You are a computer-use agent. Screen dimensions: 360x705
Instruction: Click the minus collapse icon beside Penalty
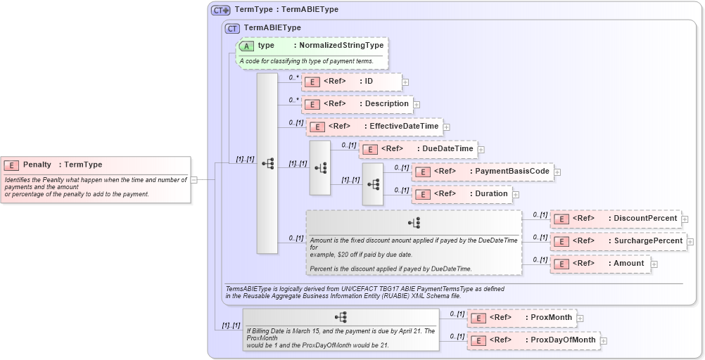pos(194,179)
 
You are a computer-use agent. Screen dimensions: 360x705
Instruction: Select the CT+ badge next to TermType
pos(221,10)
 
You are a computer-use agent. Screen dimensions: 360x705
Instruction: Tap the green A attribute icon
pos(247,46)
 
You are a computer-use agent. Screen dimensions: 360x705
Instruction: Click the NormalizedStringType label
pos(341,46)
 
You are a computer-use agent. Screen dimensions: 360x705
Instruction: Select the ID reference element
pos(352,82)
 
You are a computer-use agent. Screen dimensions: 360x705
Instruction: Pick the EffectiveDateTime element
pos(374,127)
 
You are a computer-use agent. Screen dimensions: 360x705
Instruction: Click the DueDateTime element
pos(418,149)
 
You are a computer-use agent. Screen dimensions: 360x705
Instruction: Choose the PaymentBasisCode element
pos(482,172)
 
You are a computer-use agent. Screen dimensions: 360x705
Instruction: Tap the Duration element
pos(462,194)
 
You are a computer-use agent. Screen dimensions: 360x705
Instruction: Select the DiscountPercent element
pos(616,219)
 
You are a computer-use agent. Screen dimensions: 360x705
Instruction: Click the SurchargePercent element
pos(618,241)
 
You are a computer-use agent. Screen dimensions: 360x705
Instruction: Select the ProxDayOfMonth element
pos(533,340)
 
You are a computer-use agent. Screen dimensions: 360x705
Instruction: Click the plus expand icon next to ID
pos(405,82)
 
